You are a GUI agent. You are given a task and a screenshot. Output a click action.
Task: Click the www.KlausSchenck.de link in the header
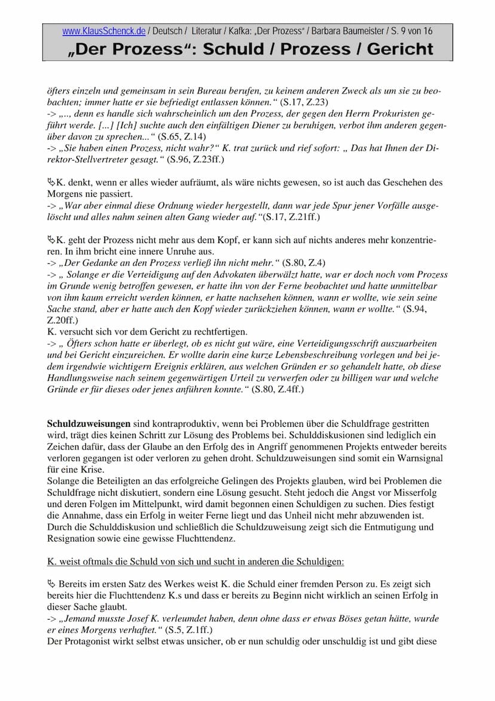click(103, 31)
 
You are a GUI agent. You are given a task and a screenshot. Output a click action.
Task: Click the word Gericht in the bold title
click(400, 49)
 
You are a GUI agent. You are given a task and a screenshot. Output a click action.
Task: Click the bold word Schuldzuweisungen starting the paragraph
click(88, 423)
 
